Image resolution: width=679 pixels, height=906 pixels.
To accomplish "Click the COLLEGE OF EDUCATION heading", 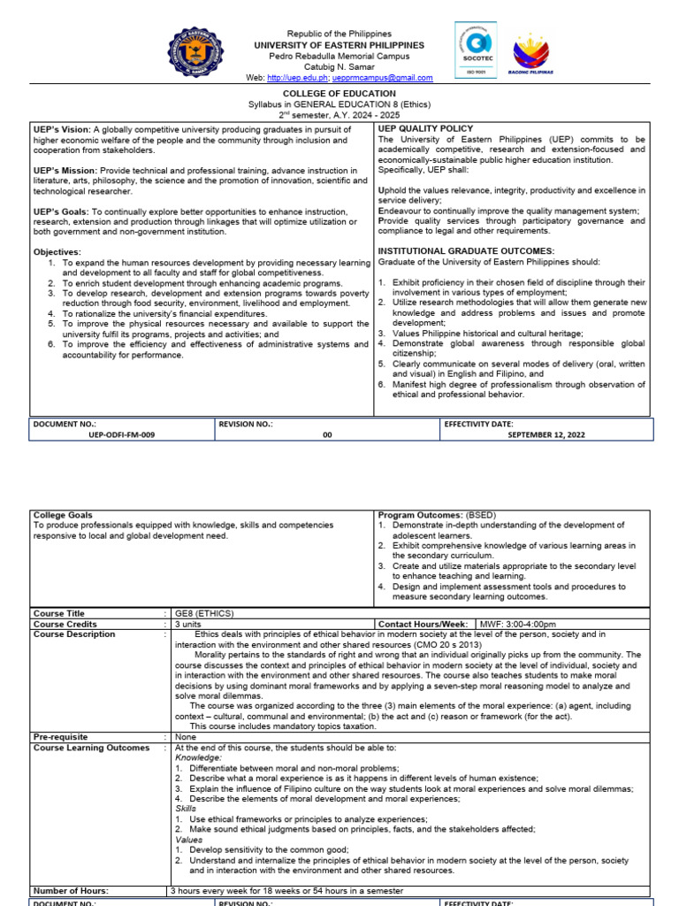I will pos(339,94).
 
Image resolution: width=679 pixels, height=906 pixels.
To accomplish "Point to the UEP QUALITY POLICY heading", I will pos(425,129).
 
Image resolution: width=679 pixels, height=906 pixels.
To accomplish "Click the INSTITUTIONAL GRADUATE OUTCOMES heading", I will pos(466,251).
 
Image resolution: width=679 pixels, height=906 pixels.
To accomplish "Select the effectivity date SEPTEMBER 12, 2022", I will pos(546,434).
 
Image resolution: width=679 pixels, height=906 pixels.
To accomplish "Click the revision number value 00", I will pos(327,434).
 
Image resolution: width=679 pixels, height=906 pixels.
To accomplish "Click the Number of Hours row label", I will pos(71,891).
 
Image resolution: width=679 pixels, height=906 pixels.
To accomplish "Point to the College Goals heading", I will pos(62,515).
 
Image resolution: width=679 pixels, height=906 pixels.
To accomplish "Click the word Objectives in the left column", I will pos(57,252).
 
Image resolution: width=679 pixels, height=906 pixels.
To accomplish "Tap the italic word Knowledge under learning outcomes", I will pos(197,758).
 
